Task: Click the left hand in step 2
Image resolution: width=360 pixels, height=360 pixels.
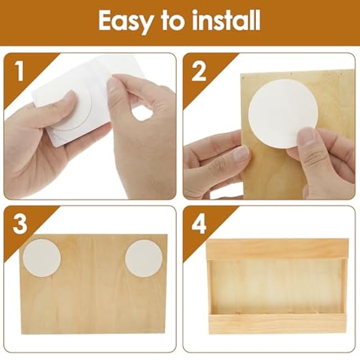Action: click(213, 161)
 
